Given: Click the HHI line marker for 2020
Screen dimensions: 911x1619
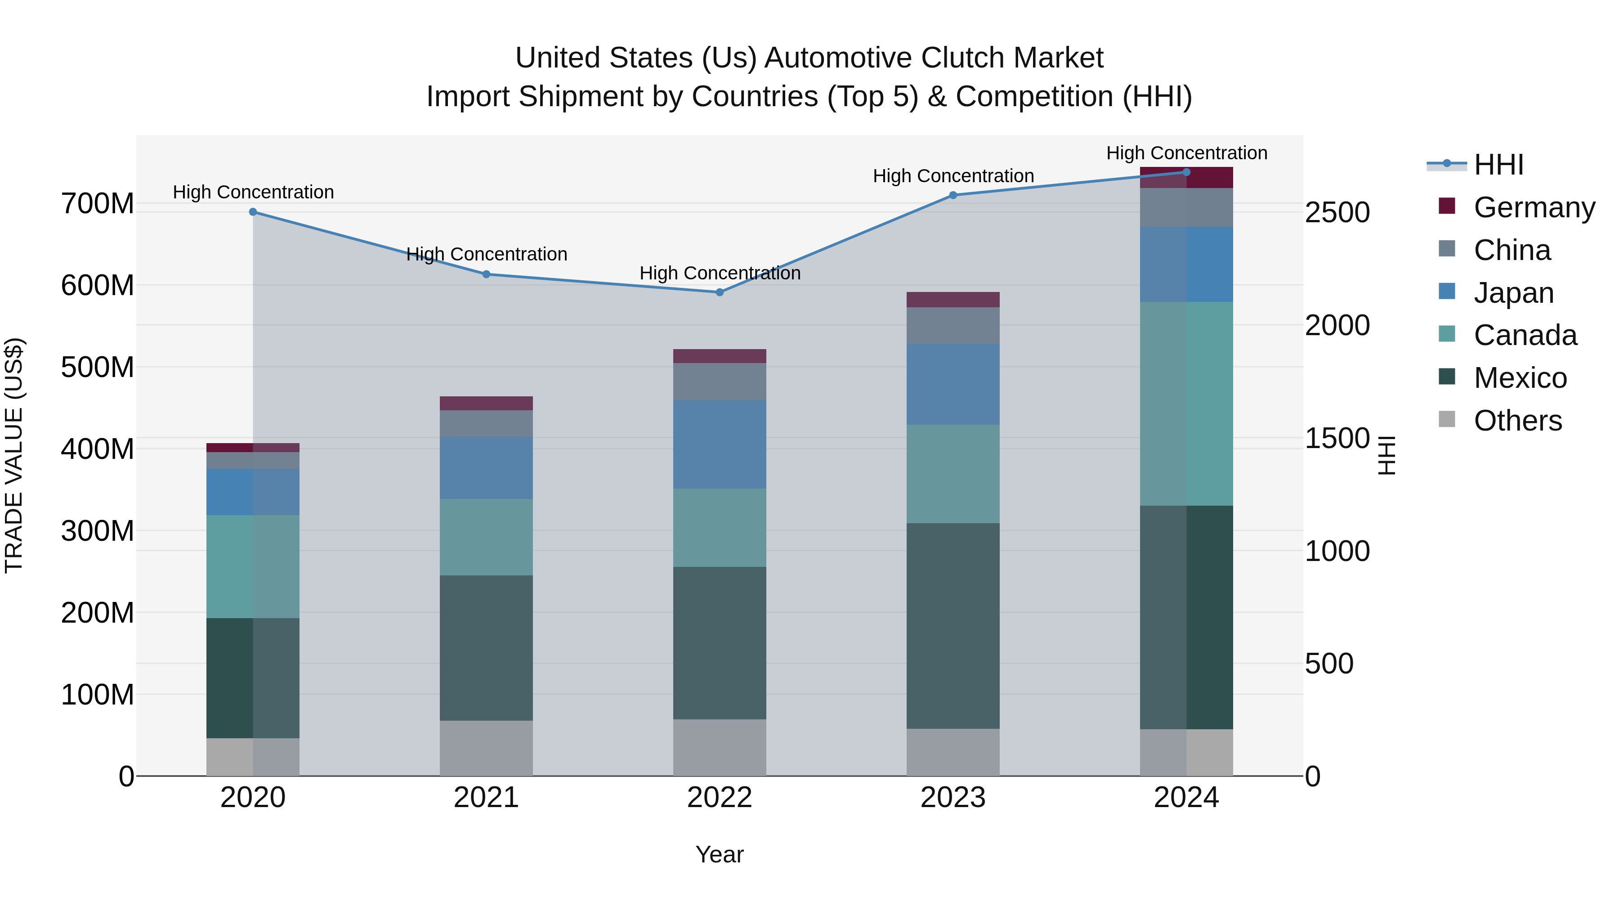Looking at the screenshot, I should (x=253, y=212).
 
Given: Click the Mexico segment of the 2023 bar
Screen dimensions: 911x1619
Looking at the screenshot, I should (x=953, y=626).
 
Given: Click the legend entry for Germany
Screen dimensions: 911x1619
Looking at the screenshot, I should (x=1534, y=207).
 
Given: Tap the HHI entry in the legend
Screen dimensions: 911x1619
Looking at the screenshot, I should (x=1498, y=165).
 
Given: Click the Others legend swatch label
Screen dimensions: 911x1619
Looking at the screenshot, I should (x=1517, y=421).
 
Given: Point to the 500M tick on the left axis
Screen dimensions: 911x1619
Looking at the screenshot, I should (x=98, y=367).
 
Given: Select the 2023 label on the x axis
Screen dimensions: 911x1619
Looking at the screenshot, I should (x=953, y=798).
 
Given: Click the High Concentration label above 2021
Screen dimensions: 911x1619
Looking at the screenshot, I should (x=487, y=254).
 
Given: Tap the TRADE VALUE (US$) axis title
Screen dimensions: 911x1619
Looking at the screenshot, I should (x=14, y=455).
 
